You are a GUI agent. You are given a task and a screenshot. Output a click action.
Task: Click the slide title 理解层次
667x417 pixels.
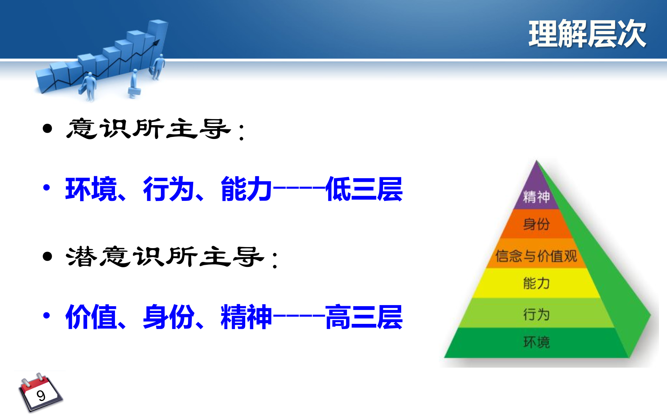(x=587, y=34)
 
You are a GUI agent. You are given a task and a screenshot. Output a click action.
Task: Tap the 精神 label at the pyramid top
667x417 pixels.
(x=536, y=197)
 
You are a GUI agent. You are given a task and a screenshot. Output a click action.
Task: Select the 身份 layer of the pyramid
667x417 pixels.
(x=536, y=224)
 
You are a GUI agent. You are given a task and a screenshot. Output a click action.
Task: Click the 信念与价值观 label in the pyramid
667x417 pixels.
(x=536, y=256)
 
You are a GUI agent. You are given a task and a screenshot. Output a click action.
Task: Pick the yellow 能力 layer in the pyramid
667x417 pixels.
(x=536, y=283)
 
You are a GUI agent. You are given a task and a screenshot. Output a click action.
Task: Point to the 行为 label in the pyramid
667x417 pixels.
(x=536, y=314)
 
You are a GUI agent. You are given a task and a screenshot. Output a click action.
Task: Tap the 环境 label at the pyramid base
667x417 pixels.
(x=536, y=342)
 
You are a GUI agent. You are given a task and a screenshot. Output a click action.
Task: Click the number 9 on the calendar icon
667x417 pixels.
(x=41, y=395)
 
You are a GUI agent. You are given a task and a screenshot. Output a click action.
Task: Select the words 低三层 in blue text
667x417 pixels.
(x=364, y=189)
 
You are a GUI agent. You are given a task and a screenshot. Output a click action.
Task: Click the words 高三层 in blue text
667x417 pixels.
(x=364, y=317)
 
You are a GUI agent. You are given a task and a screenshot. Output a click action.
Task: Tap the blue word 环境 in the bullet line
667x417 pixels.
(x=91, y=189)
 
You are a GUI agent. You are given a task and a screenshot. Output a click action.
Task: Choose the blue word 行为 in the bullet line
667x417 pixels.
(x=168, y=189)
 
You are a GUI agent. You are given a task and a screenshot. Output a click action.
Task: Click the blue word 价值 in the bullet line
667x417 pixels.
(x=91, y=317)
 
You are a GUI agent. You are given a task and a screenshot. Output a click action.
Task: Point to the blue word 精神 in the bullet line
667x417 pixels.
(x=246, y=317)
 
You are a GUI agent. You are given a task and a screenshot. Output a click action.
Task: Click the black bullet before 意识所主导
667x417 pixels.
(x=47, y=129)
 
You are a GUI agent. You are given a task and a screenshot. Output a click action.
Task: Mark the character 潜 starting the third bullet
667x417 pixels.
(x=81, y=257)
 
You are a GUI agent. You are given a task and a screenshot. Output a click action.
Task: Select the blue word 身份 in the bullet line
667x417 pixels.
(x=168, y=317)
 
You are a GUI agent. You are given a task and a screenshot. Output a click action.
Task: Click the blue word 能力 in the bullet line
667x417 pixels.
(x=246, y=189)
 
